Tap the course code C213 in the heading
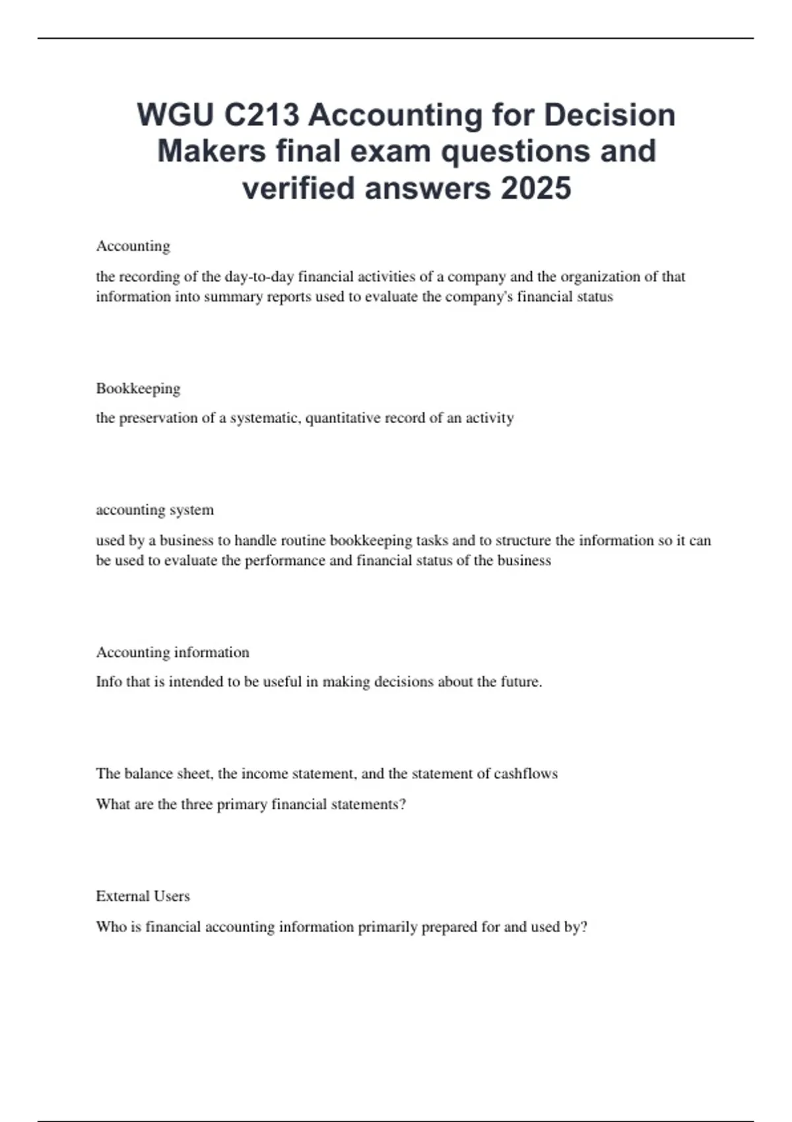tap(261, 115)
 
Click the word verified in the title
tap(298, 188)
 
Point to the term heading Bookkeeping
tap(138, 388)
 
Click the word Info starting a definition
tap(109, 682)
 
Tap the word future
tap(521, 682)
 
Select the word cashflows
tap(526, 774)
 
